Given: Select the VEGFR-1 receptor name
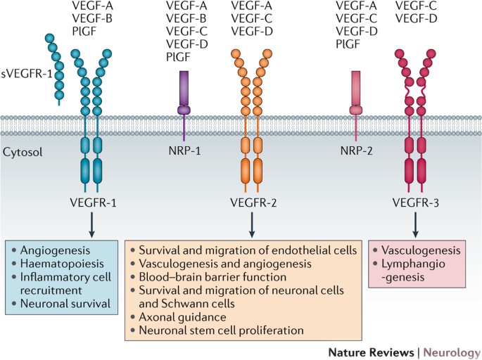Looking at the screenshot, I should (93, 202).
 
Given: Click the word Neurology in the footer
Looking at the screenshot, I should (452, 350).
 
